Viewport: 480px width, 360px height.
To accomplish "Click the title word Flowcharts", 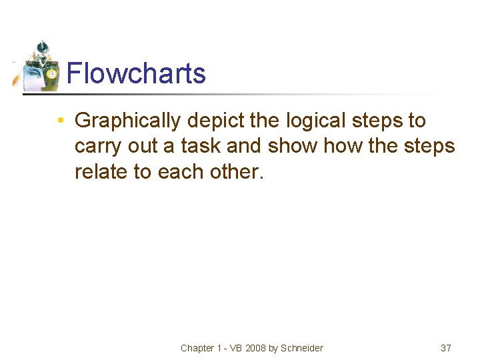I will tap(136, 73).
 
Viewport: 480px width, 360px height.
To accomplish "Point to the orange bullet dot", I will tap(60, 121).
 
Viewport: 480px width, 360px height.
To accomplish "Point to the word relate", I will tap(101, 171).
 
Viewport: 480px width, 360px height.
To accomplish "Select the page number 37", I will tap(446, 348).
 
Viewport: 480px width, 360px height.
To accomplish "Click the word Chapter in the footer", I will tap(198, 348).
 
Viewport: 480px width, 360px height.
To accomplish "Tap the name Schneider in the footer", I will tap(301, 348).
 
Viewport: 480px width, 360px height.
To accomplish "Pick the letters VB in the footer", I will tap(234, 348).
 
